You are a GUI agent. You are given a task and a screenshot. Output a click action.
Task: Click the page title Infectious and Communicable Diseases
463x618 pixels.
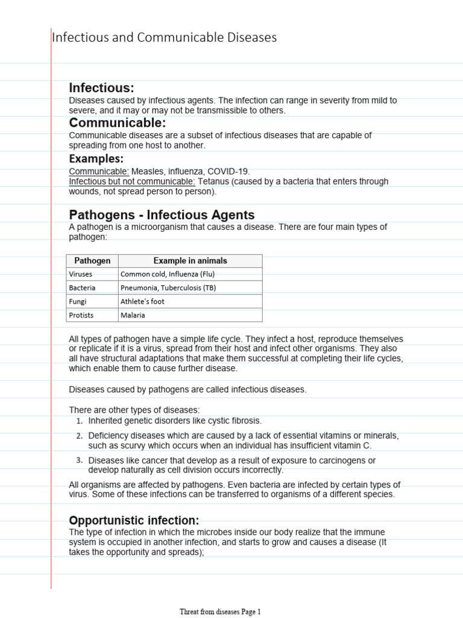(x=164, y=37)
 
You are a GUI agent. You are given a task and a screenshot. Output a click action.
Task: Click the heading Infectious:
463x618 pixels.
(x=101, y=88)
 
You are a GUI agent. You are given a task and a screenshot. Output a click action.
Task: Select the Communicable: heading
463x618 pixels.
(x=117, y=123)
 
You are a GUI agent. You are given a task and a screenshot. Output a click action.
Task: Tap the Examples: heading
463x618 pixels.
(x=96, y=159)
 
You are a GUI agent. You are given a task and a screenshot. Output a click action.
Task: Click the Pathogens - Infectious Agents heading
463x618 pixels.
(x=162, y=215)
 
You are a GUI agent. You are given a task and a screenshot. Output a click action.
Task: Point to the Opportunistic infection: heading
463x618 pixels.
(x=134, y=520)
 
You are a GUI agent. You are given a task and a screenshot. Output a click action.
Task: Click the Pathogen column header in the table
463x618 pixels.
(x=92, y=261)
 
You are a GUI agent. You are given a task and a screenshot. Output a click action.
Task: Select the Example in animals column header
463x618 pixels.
(x=190, y=261)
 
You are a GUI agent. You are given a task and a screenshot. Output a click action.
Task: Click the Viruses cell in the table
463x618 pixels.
(x=81, y=274)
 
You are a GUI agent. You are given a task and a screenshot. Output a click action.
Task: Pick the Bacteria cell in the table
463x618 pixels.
(x=82, y=288)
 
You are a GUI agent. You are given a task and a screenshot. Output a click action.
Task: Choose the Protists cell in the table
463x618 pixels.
(x=81, y=315)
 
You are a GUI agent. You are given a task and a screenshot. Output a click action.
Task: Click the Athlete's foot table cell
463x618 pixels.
(x=142, y=301)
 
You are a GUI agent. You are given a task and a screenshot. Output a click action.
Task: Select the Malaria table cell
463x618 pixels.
(x=133, y=315)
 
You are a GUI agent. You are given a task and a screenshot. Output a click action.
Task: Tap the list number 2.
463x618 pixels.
(x=79, y=436)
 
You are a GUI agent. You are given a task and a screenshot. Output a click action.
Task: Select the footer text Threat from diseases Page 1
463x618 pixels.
(x=220, y=611)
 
